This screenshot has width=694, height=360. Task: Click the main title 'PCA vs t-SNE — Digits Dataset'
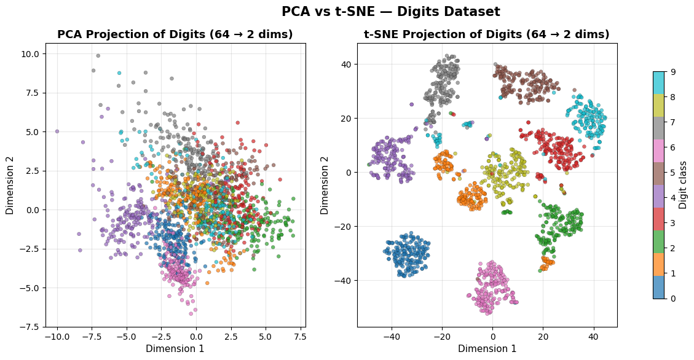click(x=390, y=12)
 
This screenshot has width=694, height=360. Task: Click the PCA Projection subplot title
click(x=175, y=34)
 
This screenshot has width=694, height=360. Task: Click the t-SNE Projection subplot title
click(x=486, y=34)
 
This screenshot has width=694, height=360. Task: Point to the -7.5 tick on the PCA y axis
click(x=30, y=327)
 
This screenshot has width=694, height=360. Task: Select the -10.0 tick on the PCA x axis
click(x=57, y=337)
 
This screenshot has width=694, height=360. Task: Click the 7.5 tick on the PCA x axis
click(x=299, y=337)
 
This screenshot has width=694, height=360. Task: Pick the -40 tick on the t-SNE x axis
click(x=392, y=337)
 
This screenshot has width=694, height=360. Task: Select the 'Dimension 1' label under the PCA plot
click(x=175, y=349)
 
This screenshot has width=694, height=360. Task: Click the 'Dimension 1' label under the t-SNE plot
click(x=487, y=349)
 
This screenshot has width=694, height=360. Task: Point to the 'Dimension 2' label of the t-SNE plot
click(x=325, y=184)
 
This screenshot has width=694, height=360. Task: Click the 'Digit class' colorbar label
click(x=683, y=185)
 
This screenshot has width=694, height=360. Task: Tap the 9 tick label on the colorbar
click(x=673, y=72)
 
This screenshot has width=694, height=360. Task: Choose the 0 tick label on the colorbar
click(x=673, y=299)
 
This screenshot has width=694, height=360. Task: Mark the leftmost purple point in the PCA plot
click(x=57, y=131)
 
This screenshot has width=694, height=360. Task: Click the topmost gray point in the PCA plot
click(x=98, y=55)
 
